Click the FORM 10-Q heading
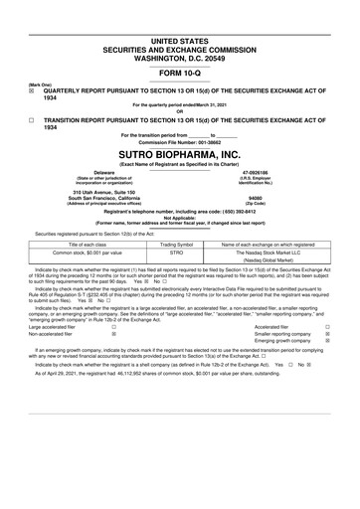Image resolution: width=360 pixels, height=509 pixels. (x=180, y=74)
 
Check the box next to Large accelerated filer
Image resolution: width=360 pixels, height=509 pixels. (x=113, y=325)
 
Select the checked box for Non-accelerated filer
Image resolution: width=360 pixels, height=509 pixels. (x=113, y=335)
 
